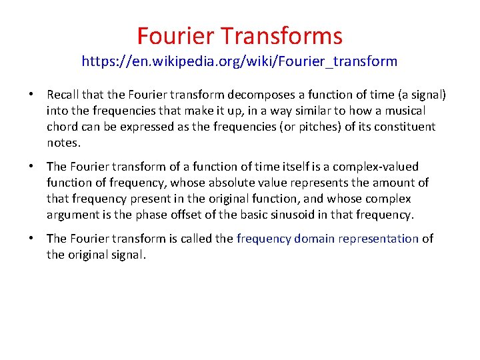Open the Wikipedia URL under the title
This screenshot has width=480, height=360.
pos(239,62)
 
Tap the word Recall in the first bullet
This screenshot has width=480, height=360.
pos(65,95)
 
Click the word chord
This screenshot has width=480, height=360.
pos(62,127)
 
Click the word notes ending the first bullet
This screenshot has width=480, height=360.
pos(63,143)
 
